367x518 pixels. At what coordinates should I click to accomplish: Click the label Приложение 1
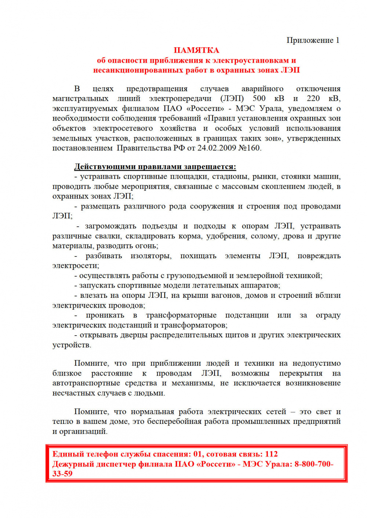pyautogui.click(x=313, y=40)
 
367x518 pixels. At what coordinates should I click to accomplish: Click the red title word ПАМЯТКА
pyautogui.click(x=196, y=50)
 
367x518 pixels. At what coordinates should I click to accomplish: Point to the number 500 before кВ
pyautogui.click(x=259, y=99)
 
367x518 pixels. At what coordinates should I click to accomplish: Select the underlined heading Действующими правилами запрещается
pyautogui.click(x=155, y=167)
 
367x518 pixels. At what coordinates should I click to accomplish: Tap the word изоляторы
pyautogui.click(x=151, y=256)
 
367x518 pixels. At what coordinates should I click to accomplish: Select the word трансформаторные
pyautogui.click(x=181, y=315)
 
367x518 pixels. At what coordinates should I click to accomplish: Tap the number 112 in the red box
pyautogui.click(x=271, y=454)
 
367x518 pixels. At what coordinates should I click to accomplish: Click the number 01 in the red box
pyautogui.click(x=197, y=454)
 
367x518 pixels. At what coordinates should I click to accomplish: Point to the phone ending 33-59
pyautogui.click(x=62, y=474)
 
